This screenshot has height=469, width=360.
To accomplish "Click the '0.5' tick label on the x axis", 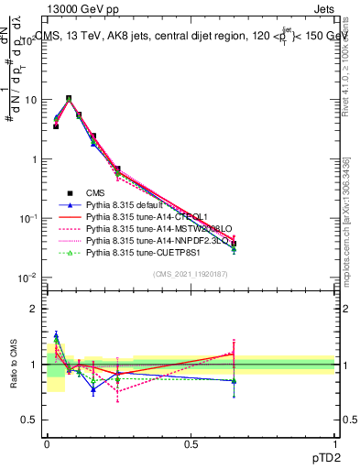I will point(191,444).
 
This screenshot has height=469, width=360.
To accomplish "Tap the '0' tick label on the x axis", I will point(48,444).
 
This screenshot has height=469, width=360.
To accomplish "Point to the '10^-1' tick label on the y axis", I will point(28,218).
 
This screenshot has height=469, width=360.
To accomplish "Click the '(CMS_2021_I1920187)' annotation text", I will point(190,275).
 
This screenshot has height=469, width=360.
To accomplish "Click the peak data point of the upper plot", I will point(69,98).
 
